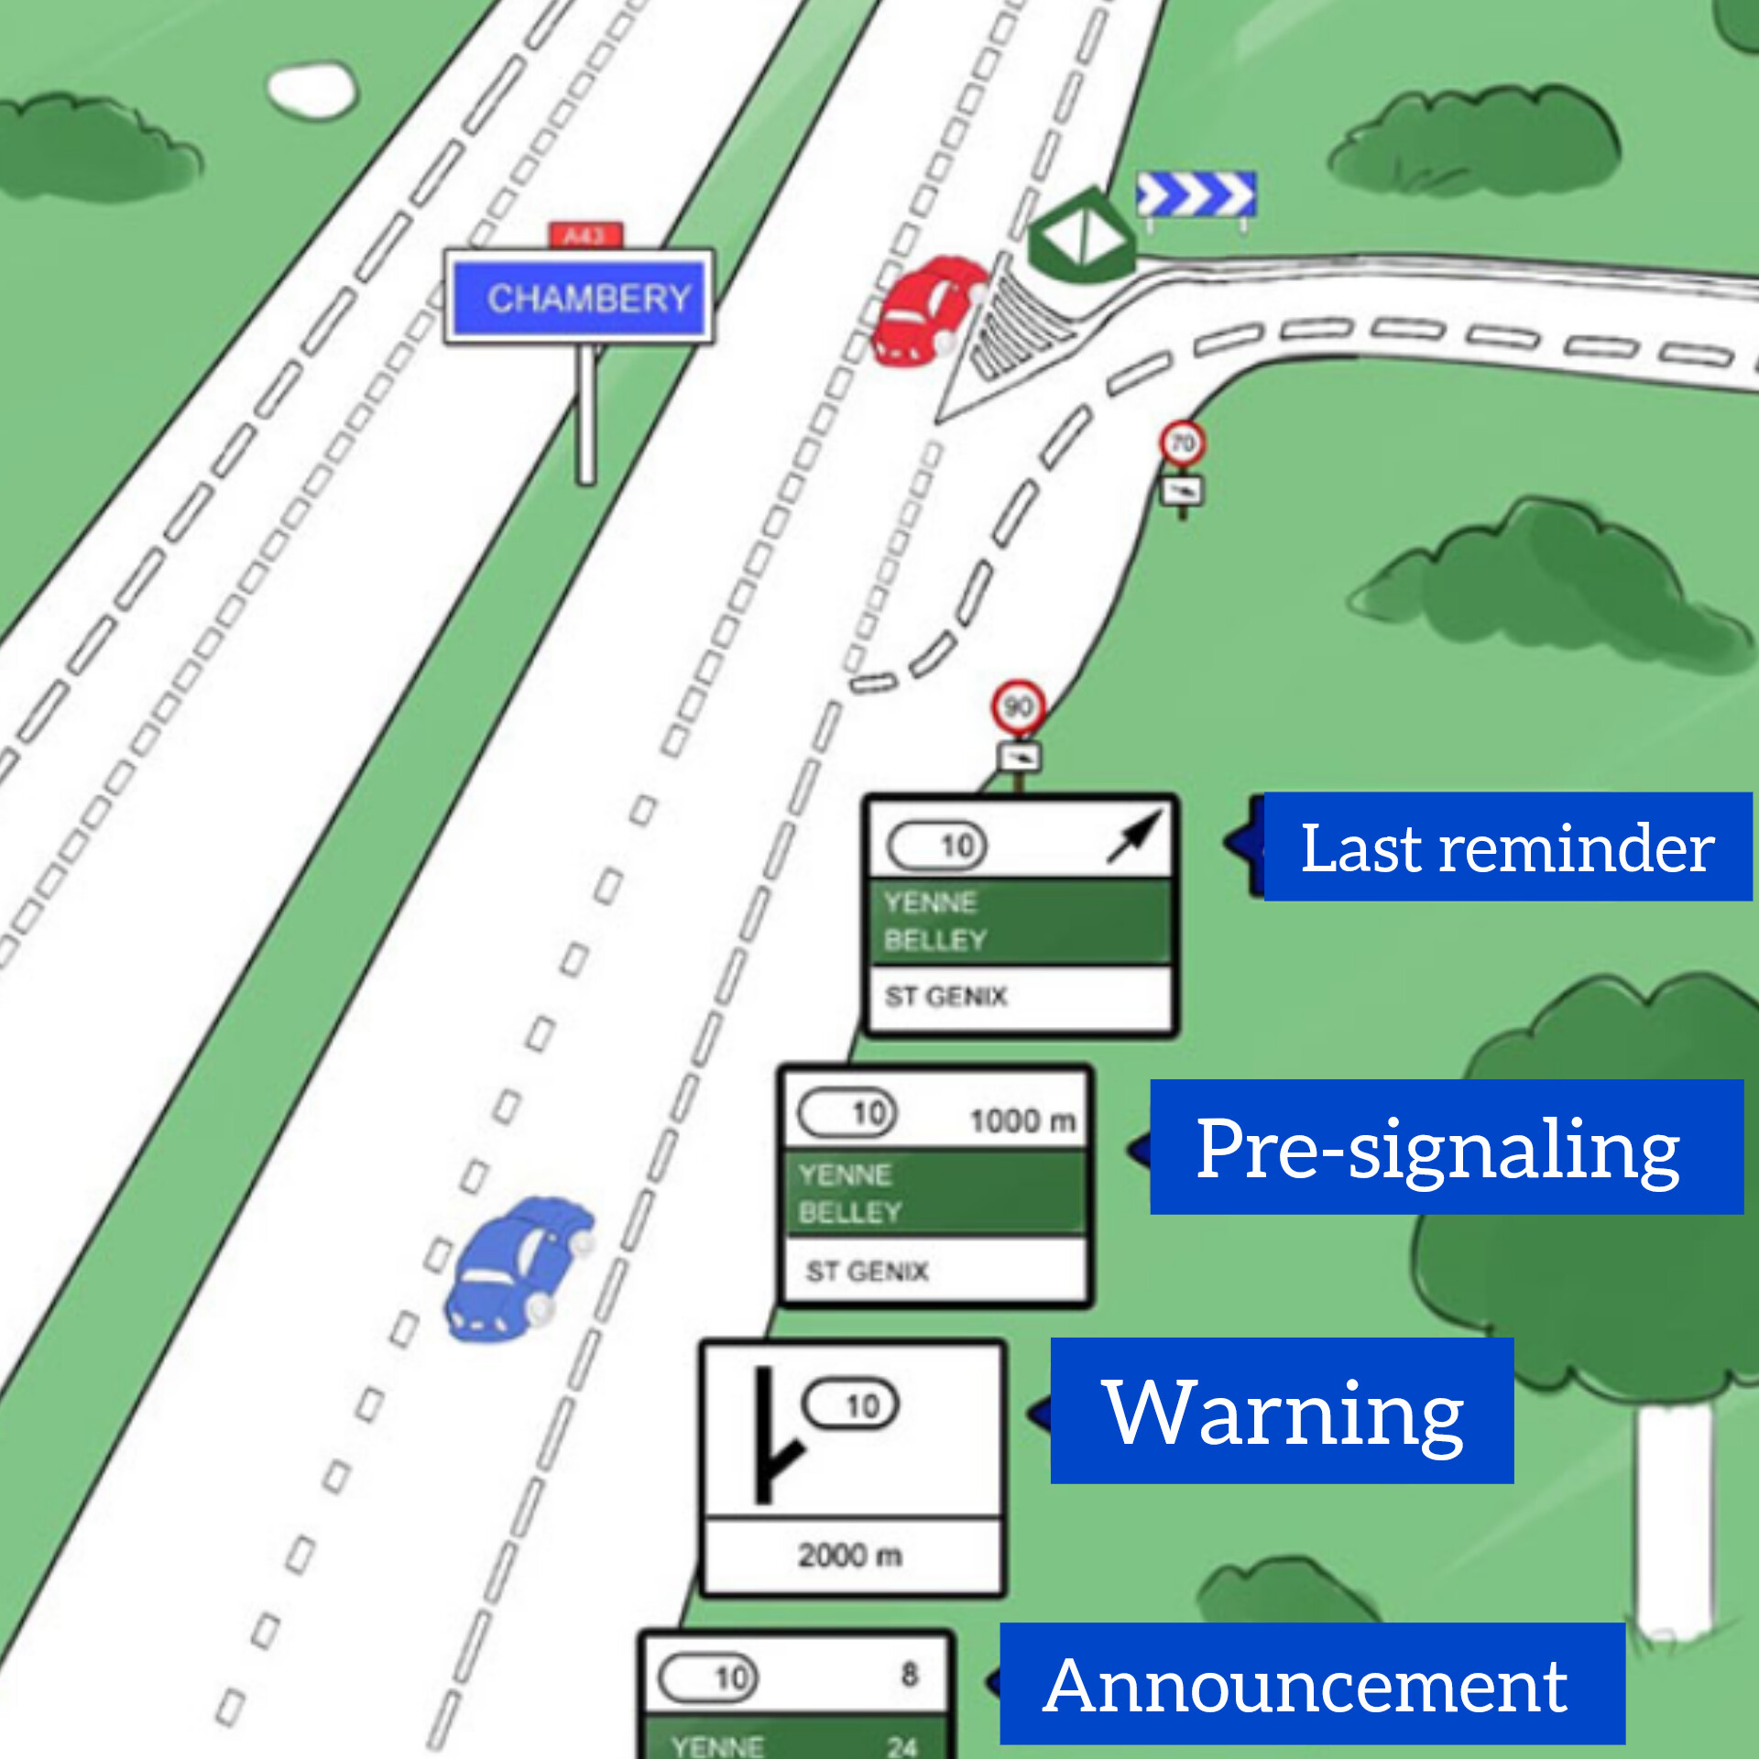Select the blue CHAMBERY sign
(579, 298)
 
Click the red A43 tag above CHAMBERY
(585, 235)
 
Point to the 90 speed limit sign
(1018, 706)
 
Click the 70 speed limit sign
(1182, 443)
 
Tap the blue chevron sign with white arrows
(1195, 194)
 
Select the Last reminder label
(1506, 847)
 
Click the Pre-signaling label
(1446, 1147)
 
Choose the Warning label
(1281, 1411)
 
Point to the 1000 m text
(1022, 1120)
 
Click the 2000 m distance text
(849, 1555)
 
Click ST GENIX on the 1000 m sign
(867, 1271)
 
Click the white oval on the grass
(311, 89)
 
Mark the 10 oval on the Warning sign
(851, 1404)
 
